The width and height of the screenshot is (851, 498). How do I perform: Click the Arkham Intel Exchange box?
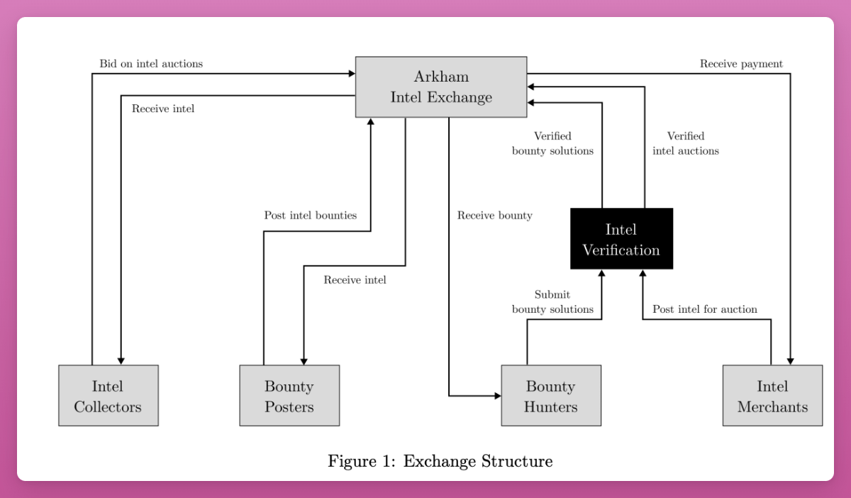pos(441,87)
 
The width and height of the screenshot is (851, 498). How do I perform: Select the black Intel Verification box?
pos(621,239)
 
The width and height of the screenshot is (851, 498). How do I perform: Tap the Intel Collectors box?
pos(108,396)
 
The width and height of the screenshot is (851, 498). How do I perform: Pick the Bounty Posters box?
pos(289,396)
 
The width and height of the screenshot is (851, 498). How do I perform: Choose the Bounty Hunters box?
pos(550,396)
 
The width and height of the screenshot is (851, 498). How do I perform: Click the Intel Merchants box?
pos(772,396)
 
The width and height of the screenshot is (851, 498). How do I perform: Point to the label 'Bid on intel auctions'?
pos(151,64)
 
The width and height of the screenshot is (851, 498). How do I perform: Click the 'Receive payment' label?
pos(741,64)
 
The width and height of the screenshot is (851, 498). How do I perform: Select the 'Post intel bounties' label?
pos(310,215)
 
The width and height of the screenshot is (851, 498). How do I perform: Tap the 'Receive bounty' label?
pos(494,216)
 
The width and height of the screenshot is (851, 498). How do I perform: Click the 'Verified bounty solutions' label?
pos(552,143)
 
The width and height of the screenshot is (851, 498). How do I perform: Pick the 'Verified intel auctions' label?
pos(685,143)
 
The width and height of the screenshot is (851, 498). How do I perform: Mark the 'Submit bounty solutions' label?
pos(552,301)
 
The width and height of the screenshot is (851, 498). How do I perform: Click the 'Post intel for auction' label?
pos(704,309)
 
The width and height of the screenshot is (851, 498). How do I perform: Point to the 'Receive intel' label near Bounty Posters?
pos(355,280)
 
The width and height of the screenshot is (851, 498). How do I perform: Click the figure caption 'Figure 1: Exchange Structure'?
pos(440,462)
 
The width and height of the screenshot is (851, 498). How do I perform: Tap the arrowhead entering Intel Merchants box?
pos(790,361)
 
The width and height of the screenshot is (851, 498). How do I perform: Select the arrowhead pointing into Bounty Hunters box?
pos(497,396)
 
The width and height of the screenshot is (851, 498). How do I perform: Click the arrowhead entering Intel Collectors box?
pos(121,361)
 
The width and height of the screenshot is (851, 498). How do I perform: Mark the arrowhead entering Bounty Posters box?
pos(304,361)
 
